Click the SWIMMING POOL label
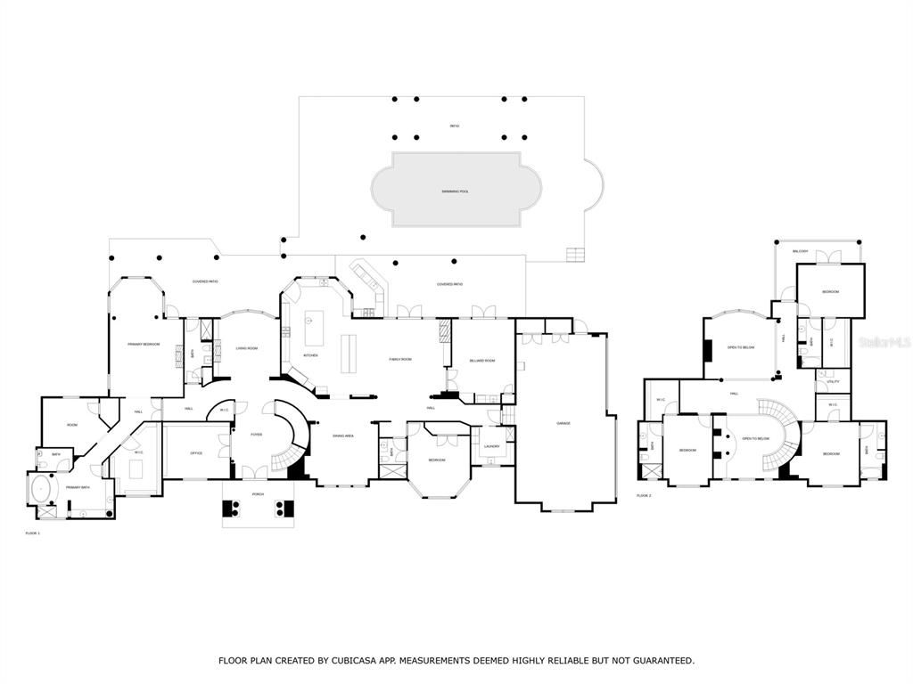(454, 191)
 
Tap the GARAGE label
(563, 423)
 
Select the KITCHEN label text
(310, 355)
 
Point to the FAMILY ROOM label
(400, 360)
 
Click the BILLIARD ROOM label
(481, 361)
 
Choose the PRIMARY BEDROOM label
(144, 344)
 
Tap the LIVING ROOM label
(246, 348)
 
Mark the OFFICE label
(196, 453)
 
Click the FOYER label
(256, 435)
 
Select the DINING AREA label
(343, 436)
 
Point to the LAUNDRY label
(491, 446)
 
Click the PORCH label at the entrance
(258, 494)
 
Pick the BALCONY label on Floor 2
(800, 251)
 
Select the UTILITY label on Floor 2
(833, 382)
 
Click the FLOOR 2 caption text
(644, 495)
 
